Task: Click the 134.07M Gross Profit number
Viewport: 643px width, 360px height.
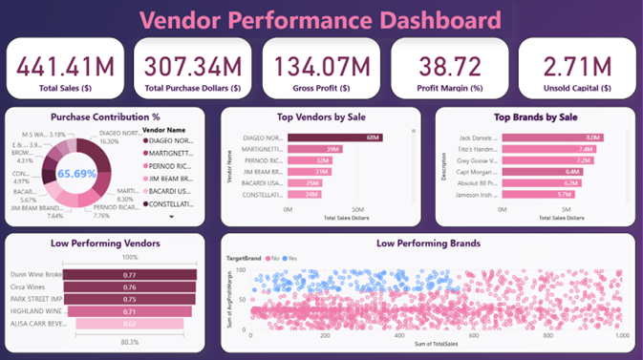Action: (x=321, y=66)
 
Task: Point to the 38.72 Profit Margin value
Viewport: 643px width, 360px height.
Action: (x=449, y=66)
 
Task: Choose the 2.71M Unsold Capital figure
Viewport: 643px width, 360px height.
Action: (x=576, y=66)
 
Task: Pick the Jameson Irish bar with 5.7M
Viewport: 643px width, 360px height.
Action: (x=540, y=195)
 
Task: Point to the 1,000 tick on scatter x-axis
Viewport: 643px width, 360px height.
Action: (x=621, y=336)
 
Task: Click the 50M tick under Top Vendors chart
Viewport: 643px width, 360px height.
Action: (x=357, y=208)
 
